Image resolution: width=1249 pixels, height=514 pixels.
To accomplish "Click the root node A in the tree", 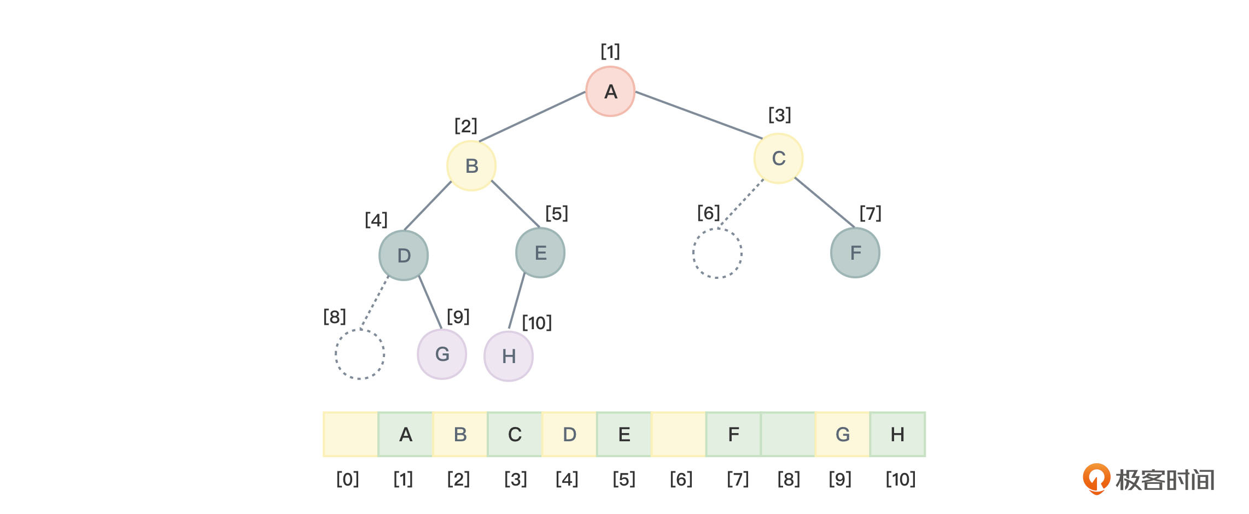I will tap(610, 91).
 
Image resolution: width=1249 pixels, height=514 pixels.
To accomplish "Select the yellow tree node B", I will tap(471, 166).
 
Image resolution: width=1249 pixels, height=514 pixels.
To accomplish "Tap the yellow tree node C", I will tap(778, 159).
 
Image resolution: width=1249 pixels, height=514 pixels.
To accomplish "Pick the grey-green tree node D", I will tap(404, 255).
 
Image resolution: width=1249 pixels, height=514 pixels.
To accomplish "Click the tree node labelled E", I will tap(540, 253).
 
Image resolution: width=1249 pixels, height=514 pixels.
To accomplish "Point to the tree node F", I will tap(855, 253).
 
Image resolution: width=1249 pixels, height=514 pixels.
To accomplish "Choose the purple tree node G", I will tap(442, 354).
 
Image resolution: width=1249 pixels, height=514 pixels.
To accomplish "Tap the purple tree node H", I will tap(509, 357).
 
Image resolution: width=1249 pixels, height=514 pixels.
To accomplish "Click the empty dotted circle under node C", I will tap(717, 253).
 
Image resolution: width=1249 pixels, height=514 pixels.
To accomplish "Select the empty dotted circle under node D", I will tap(360, 354).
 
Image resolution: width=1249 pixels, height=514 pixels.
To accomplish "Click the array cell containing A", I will tap(405, 435).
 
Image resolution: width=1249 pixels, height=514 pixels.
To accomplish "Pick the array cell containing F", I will tap(733, 435).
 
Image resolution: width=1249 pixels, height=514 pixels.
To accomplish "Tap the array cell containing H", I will tap(897, 435).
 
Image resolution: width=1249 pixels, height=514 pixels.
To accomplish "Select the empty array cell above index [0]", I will tap(351, 435).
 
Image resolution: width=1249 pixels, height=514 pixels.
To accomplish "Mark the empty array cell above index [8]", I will tap(788, 435).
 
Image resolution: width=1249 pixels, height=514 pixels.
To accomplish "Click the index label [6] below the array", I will tap(681, 480).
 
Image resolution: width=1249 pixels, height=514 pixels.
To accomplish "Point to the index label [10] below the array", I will tap(900, 480).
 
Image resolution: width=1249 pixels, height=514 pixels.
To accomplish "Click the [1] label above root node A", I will tap(610, 52).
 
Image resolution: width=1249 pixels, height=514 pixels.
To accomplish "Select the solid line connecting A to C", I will tap(699, 115).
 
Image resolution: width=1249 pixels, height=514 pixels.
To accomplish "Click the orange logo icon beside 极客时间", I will tap(1096, 478).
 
